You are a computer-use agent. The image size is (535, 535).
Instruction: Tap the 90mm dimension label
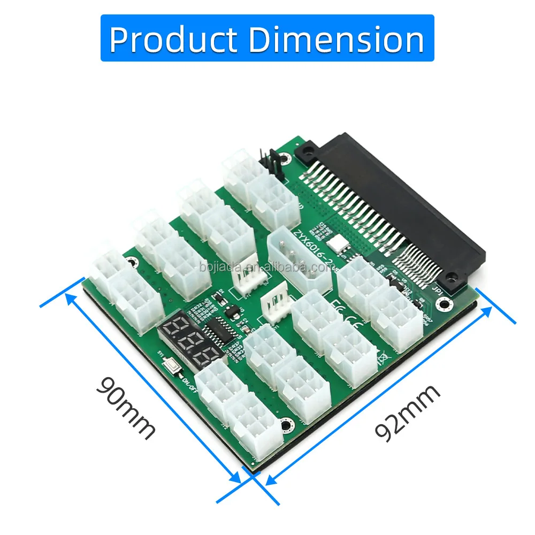click(x=126, y=408)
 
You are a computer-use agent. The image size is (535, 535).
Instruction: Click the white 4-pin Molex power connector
click(x=300, y=262)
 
